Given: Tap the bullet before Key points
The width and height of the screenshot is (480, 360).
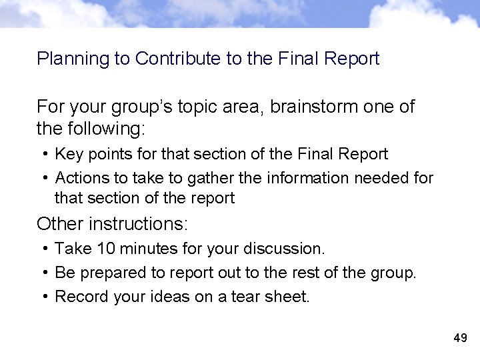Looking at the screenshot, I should [x=44, y=155].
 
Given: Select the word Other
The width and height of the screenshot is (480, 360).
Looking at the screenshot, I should [x=60, y=223].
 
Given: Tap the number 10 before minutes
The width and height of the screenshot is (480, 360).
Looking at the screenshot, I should [x=106, y=249].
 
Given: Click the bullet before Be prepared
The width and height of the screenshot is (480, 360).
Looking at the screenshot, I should [x=44, y=273].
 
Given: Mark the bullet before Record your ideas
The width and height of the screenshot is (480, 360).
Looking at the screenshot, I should [x=44, y=297].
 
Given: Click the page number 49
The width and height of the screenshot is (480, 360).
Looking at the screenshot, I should [x=460, y=338].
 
